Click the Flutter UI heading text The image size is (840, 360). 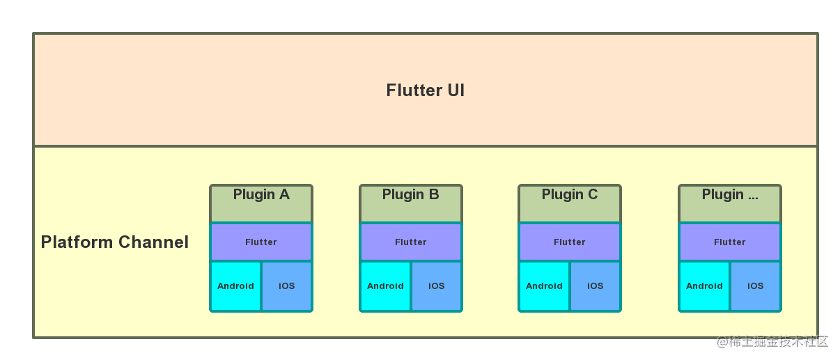pyautogui.click(x=425, y=91)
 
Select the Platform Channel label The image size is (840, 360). pyautogui.click(x=115, y=242)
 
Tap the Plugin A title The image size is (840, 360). pyautogui.click(x=261, y=195)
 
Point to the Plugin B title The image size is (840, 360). pyautogui.click(x=410, y=195)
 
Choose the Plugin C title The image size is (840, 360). pyautogui.click(x=570, y=195)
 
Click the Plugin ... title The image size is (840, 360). pyautogui.click(x=729, y=195)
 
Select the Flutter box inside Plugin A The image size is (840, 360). pyautogui.click(x=261, y=242)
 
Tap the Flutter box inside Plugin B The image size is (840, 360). pyautogui.click(x=410, y=242)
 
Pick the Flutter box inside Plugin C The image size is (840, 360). pyautogui.click(x=570, y=242)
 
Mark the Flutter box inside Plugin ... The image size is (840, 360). pyautogui.click(x=729, y=242)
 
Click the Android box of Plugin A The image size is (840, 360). pyautogui.click(x=235, y=286)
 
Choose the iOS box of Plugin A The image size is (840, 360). pyautogui.click(x=287, y=286)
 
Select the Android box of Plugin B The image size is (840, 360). pyautogui.click(x=385, y=286)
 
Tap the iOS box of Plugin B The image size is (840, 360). pyautogui.click(x=437, y=286)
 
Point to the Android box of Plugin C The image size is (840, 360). pyautogui.click(x=544, y=286)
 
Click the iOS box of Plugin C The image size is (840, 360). pyautogui.click(x=596, y=286)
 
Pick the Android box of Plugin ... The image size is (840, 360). pyautogui.click(x=704, y=286)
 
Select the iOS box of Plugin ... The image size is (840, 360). pyautogui.click(x=756, y=286)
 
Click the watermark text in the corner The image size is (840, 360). pyautogui.click(x=771, y=341)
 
